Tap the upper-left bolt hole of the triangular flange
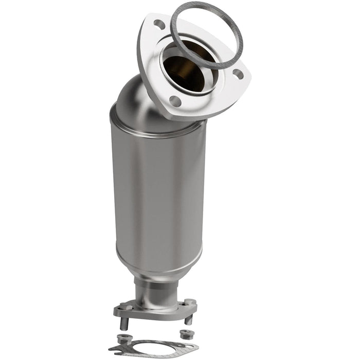(160, 24)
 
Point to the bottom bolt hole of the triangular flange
(175, 101)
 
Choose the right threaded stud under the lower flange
(188, 319)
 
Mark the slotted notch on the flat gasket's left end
(114, 350)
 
